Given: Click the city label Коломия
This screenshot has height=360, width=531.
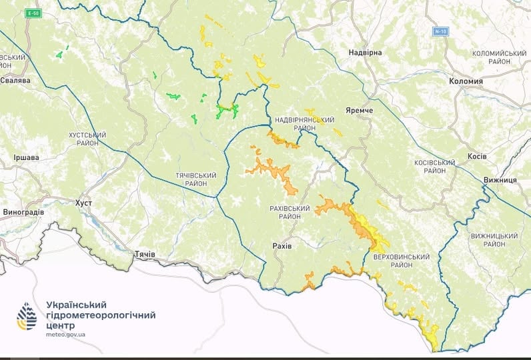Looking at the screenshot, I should pos(461,81).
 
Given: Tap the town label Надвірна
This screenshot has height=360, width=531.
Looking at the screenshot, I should pos(365,53).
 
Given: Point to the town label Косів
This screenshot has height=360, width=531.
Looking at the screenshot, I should pos(477,156).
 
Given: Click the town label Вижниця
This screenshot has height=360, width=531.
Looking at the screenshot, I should pos(500,181).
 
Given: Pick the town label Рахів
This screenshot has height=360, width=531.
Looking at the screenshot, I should pos(282,246).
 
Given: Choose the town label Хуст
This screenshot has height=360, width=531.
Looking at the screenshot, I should pos(83,202).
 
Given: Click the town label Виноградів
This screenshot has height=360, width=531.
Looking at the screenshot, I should pos(23,213).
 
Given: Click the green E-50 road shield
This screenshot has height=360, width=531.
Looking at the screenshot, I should pos(32,13).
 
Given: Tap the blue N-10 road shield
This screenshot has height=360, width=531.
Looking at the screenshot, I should pos(440,31).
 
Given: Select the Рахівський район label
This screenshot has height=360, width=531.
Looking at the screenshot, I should pos(290,213).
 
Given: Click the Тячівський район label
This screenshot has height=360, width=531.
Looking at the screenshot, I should pos(195,178).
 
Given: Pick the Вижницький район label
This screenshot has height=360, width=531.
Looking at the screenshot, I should pos(494,240).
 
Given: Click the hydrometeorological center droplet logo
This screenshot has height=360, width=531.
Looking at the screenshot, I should pos(27,316).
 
